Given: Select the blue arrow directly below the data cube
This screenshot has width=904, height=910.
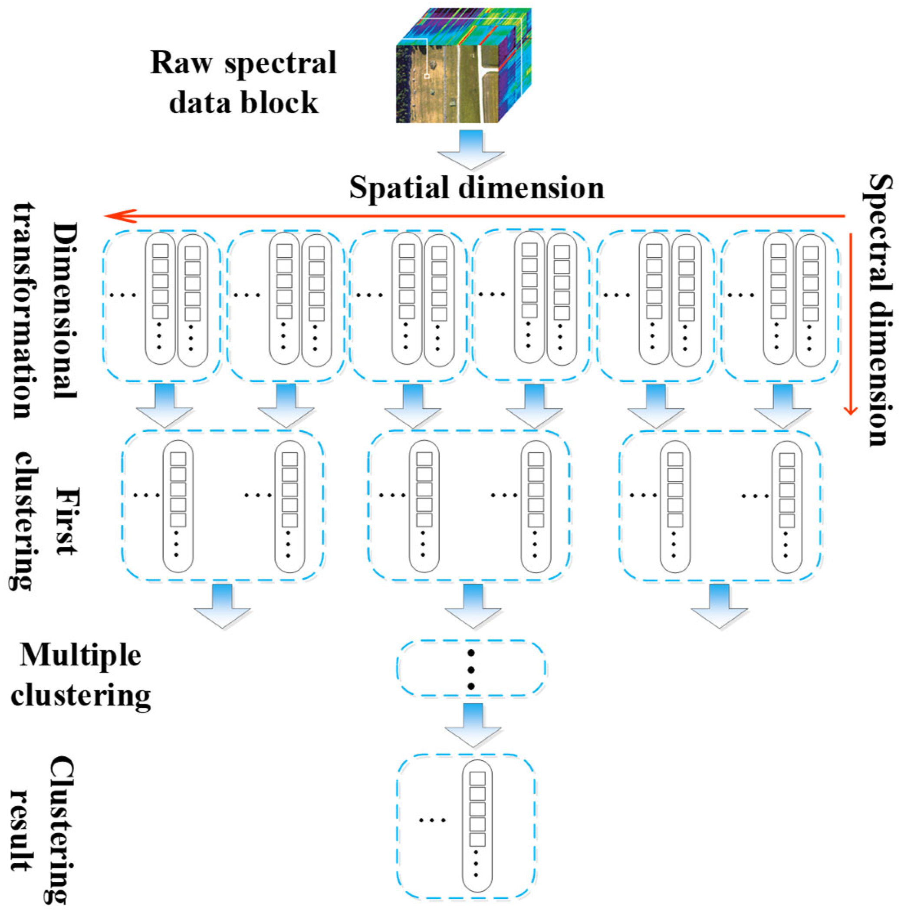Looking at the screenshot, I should coord(470,150).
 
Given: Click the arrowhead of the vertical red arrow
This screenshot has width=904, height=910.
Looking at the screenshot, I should coord(850,409).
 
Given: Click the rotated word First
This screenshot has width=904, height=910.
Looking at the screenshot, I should coord(65,520).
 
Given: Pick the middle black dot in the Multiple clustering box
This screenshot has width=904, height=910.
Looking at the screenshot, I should coord(470,669).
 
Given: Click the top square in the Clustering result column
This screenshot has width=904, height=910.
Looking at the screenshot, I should coord(477,779).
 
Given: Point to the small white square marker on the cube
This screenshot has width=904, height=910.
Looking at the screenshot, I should coord(427,76).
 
